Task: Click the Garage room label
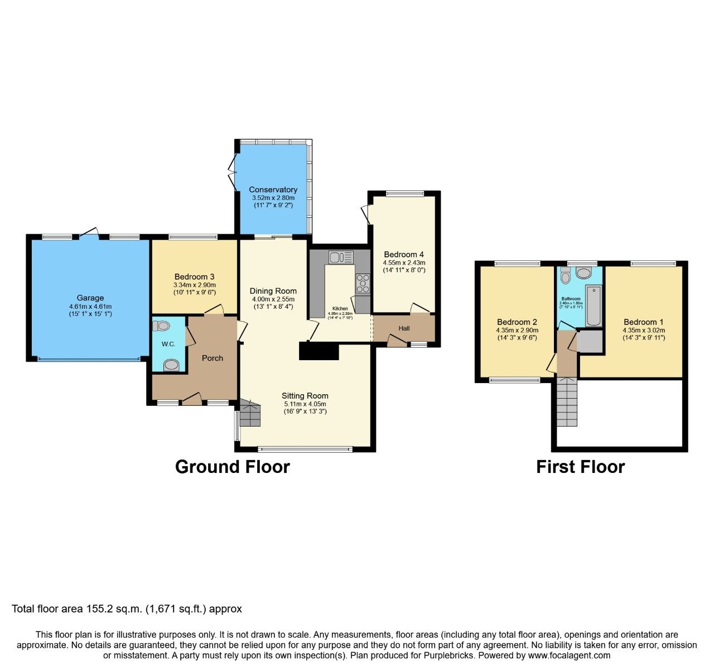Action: point(90,298)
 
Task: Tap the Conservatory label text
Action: point(273,190)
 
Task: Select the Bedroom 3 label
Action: point(194,276)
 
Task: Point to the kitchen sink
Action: point(340,257)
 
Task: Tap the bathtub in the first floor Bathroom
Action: point(594,306)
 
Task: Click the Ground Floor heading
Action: point(232,467)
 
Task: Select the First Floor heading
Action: point(580,467)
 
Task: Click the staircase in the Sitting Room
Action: point(250,413)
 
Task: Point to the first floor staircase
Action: point(567,401)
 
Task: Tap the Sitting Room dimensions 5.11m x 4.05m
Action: point(305,404)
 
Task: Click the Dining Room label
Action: point(273,291)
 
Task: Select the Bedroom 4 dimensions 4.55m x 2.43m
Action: point(404,262)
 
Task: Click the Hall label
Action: point(404,328)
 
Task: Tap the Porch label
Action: point(212,358)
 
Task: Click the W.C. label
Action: point(168,344)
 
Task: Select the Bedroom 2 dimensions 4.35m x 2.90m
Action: point(517,330)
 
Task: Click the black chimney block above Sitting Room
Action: point(319,352)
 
